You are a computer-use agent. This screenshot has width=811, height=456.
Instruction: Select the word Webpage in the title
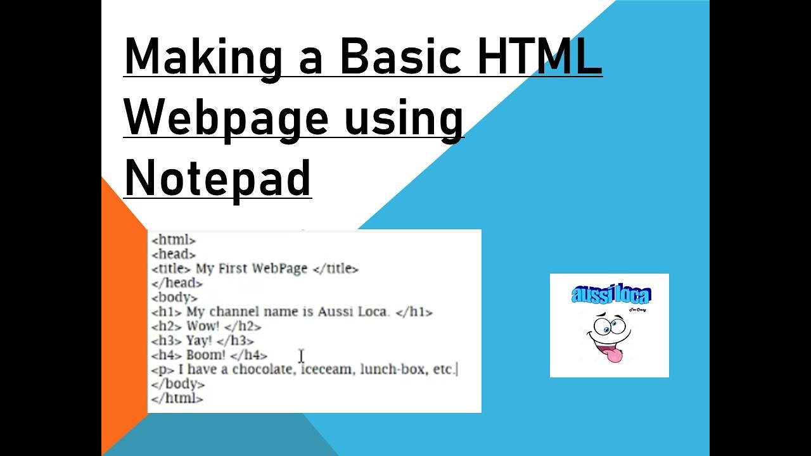point(226,117)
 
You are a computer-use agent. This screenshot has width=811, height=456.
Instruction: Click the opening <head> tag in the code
point(174,255)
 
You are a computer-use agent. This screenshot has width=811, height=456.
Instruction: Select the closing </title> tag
point(336,269)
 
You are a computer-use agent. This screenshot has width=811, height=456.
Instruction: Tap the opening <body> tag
point(174,297)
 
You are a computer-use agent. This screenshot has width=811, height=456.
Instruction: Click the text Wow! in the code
point(203,326)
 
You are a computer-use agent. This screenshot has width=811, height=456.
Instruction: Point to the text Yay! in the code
point(199,341)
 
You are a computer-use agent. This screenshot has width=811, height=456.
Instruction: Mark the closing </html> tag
point(177,398)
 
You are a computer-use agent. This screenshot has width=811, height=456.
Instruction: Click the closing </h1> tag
point(413,312)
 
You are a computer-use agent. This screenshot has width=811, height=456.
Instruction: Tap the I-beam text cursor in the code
point(301,357)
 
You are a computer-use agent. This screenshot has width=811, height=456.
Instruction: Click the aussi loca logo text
point(611,294)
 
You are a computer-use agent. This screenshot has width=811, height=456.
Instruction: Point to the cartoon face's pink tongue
point(613,355)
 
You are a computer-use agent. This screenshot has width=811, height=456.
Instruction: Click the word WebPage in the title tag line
point(279,269)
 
